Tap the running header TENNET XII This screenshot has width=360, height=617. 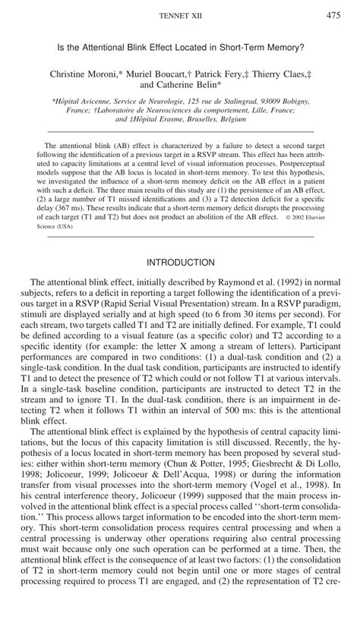[180, 16]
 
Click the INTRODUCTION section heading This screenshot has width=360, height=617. [180, 263]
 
